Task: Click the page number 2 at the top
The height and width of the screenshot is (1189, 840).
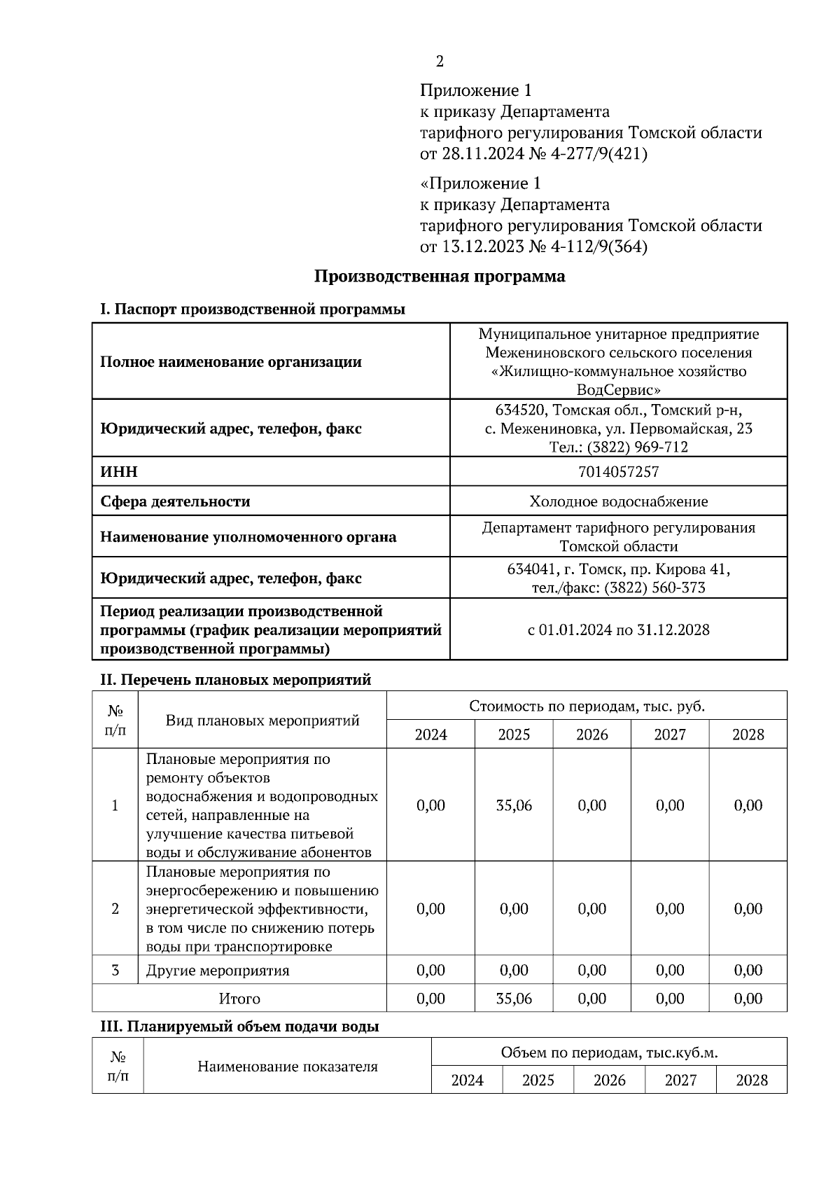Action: (440, 62)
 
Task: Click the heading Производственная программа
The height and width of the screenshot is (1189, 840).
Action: (439, 276)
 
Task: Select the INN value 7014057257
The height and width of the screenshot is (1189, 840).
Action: (618, 472)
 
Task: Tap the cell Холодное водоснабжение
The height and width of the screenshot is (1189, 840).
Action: (618, 501)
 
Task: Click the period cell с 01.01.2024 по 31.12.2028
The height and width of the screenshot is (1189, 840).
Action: (618, 630)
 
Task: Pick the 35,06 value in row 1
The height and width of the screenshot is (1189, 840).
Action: (514, 805)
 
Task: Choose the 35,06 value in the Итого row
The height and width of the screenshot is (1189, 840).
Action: (514, 999)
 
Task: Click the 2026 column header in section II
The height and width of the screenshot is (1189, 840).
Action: (592, 735)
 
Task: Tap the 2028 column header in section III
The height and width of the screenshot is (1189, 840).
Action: (752, 1080)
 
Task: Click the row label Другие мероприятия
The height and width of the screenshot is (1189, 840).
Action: (218, 971)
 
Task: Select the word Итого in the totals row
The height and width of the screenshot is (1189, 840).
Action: (239, 999)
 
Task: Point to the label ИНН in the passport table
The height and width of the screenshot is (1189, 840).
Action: (119, 472)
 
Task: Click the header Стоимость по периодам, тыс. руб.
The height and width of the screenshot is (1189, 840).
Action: (587, 706)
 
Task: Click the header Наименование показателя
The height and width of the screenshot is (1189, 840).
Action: (288, 1066)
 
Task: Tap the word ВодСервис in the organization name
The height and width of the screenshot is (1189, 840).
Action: (618, 389)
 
